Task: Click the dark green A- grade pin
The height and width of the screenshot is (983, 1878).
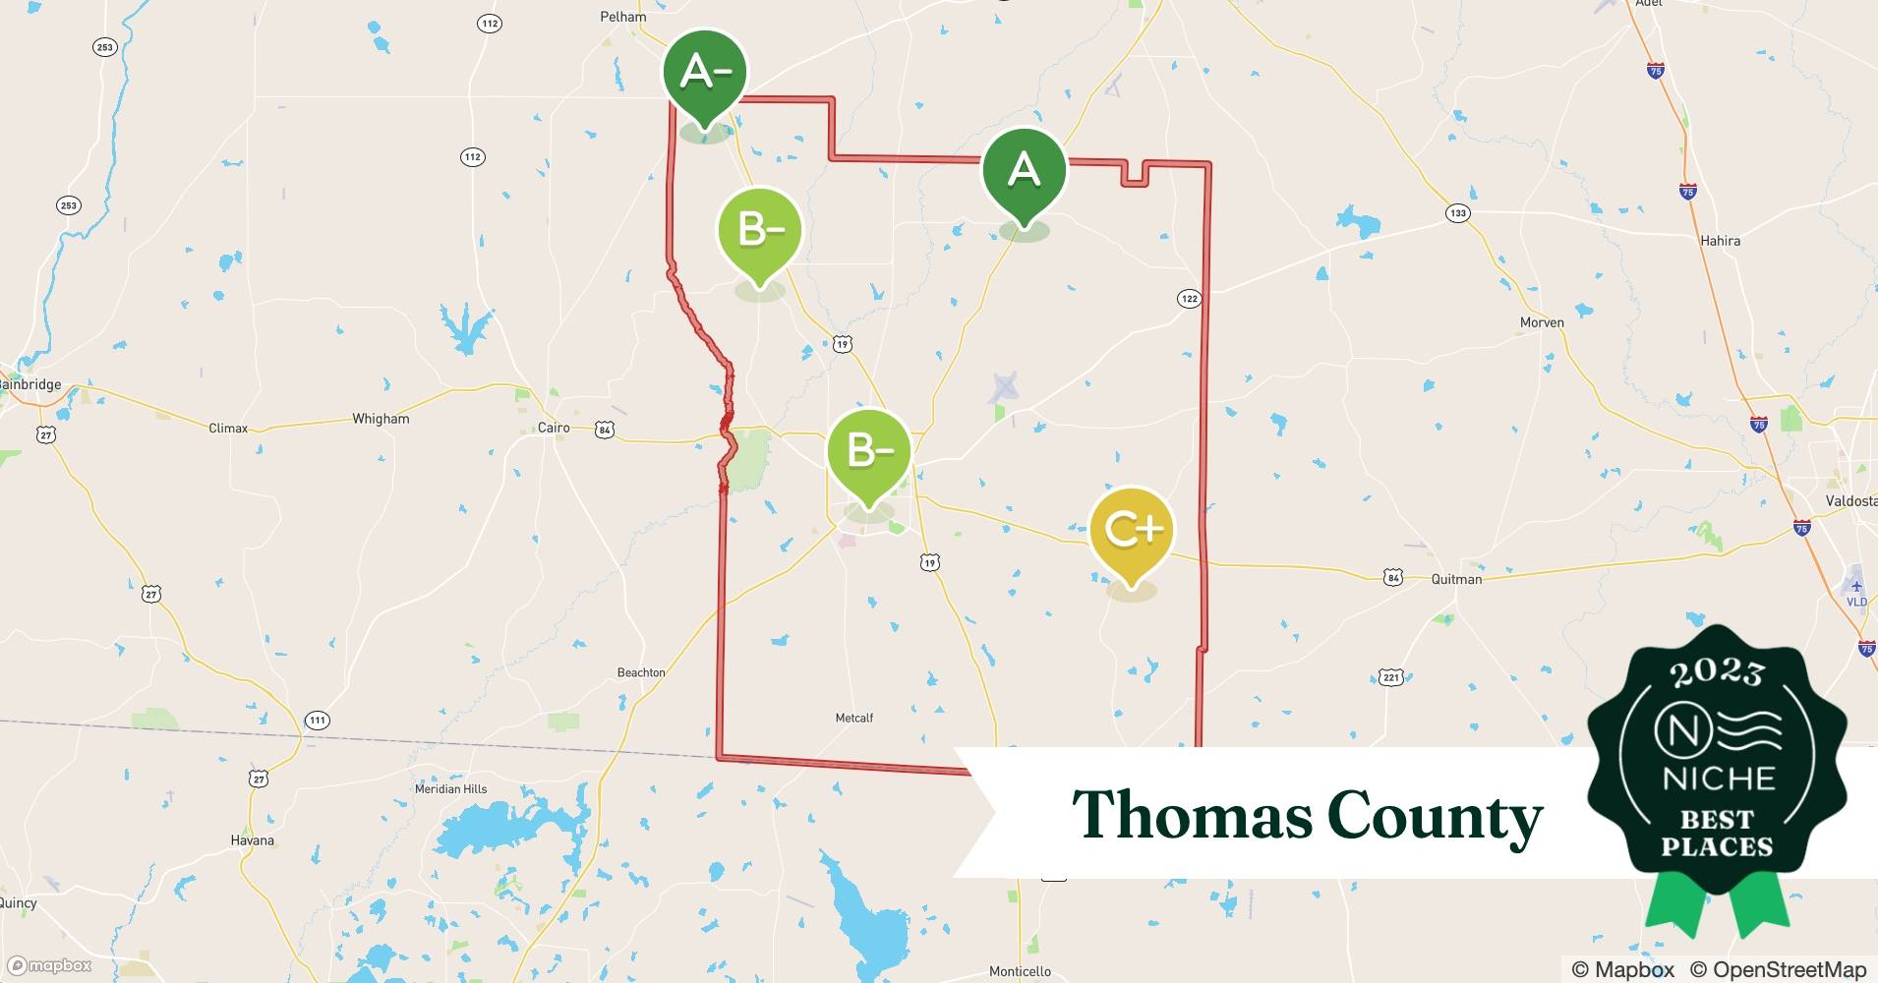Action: tap(704, 73)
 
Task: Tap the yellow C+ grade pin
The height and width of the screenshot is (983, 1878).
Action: tap(1132, 531)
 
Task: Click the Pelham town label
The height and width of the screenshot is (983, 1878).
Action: tap(623, 17)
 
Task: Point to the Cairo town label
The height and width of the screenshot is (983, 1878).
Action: tap(554, 428)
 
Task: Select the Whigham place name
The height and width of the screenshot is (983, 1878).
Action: tap(381, 419)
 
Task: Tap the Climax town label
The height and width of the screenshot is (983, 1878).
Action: tap(228, 429)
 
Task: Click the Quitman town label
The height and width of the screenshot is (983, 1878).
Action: tap(1456, 579)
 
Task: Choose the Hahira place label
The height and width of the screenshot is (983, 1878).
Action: tap(1720, 241)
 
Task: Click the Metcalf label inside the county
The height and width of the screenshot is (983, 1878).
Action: tap(853, 719)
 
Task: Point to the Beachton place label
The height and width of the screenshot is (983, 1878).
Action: tap(641, 672)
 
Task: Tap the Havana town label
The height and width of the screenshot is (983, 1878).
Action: tap(252, 840)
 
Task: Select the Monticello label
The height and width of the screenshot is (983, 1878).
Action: tap(1020, 971)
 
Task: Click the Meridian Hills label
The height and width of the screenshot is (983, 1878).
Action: tap(450, 789)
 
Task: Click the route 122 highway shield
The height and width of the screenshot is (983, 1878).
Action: tap(1189, 298)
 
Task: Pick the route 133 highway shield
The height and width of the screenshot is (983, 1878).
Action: tap(1457, 213)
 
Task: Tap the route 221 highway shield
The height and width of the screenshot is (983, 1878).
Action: tap(1390, 677)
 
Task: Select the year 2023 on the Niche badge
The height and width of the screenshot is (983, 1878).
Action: tap(1717, 672)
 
